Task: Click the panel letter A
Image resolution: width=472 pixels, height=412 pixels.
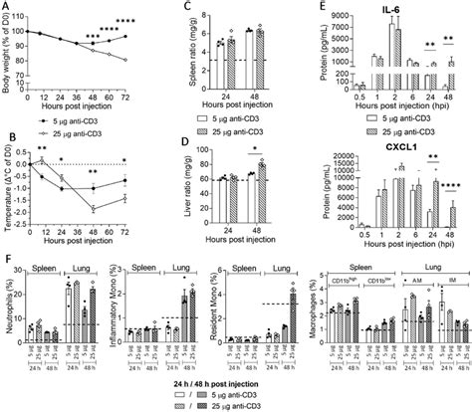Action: [x=8, y=8]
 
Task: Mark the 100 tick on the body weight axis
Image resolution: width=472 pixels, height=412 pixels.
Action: [x=29, y=33]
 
